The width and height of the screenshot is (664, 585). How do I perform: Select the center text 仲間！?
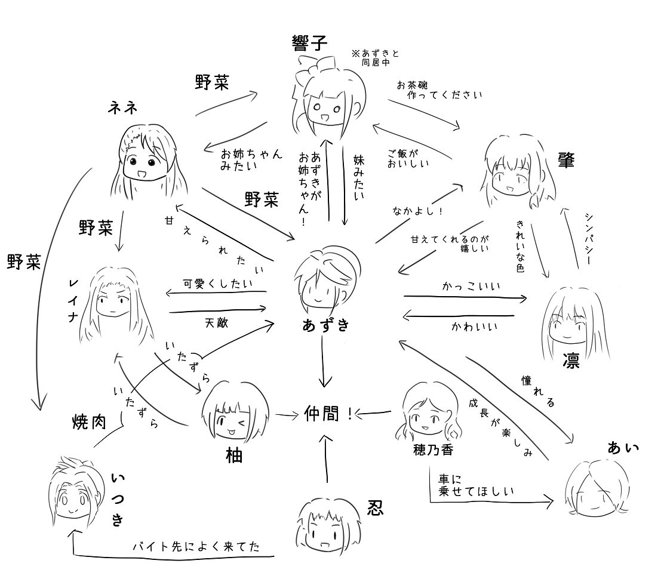click(329, 412)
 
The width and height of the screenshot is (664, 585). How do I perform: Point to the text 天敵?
click(216, 322)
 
